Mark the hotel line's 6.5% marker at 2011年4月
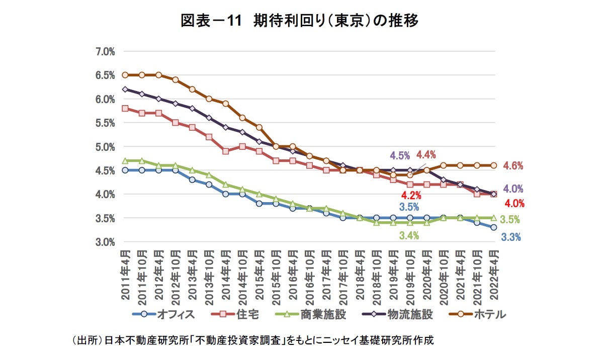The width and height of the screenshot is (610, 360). (125, 75)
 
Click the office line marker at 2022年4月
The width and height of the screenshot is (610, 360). (494, 227)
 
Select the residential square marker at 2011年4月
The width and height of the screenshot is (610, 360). (125, 108)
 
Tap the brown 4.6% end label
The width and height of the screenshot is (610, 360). (513, 166)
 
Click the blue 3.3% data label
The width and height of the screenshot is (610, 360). (511, 237)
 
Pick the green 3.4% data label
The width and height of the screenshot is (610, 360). (409, 235)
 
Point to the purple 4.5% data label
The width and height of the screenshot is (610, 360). (400, 155)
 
